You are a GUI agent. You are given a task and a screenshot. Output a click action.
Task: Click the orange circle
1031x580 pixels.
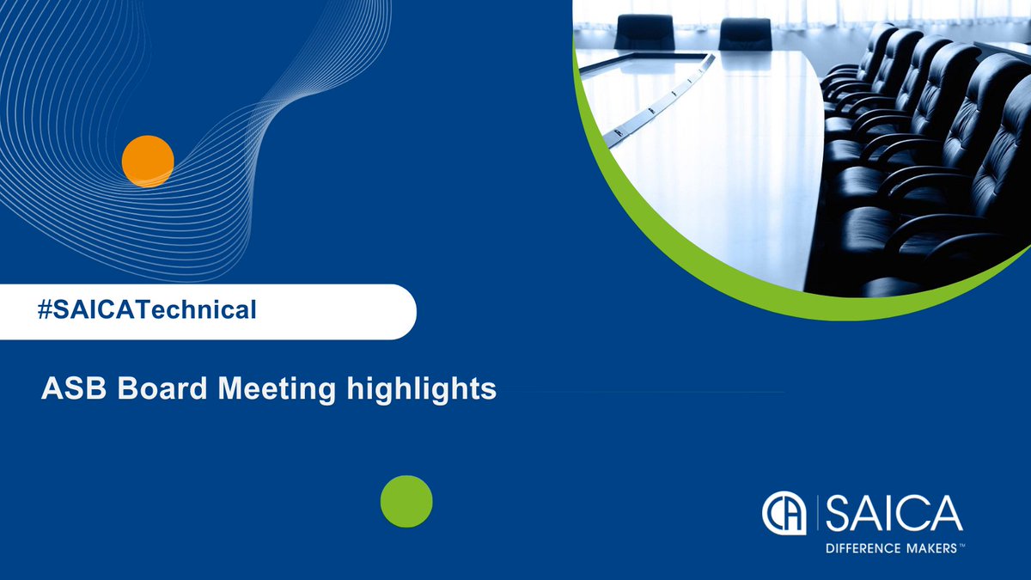pyautogui.click(x=148, y=161)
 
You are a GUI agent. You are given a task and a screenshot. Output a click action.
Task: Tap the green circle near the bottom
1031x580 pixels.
pyautogui.click(x=406, y=501)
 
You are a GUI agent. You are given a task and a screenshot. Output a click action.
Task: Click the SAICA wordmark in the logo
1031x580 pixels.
pyautogui.click(x=894, y=513)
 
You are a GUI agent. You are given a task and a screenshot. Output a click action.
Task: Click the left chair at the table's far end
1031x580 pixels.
pyautogui.click(x=644, y=32)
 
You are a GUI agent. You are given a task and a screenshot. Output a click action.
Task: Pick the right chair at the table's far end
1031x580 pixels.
pyautogui.click(x=744, y=33)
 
